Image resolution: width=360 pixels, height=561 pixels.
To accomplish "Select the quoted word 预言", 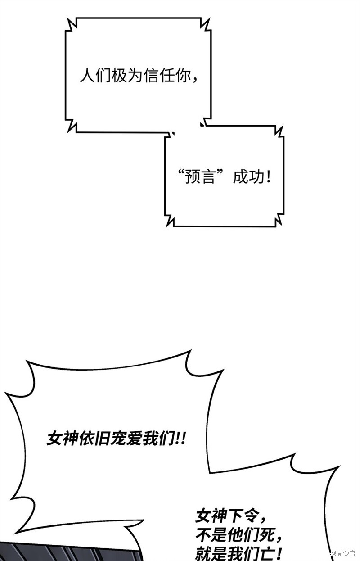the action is pyautogui.click(x=200, y=177).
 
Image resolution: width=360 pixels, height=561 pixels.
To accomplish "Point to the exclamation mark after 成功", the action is pyautogui.click(x=269, y=177).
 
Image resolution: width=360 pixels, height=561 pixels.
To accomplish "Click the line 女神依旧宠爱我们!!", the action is pyautogui.click(x=116, y=438).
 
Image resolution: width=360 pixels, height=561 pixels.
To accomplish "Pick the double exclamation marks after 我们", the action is pyautogui.click(x=181, y=438).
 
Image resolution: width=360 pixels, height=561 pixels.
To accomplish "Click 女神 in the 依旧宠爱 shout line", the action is pyautogui.click(x=62, y=438).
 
